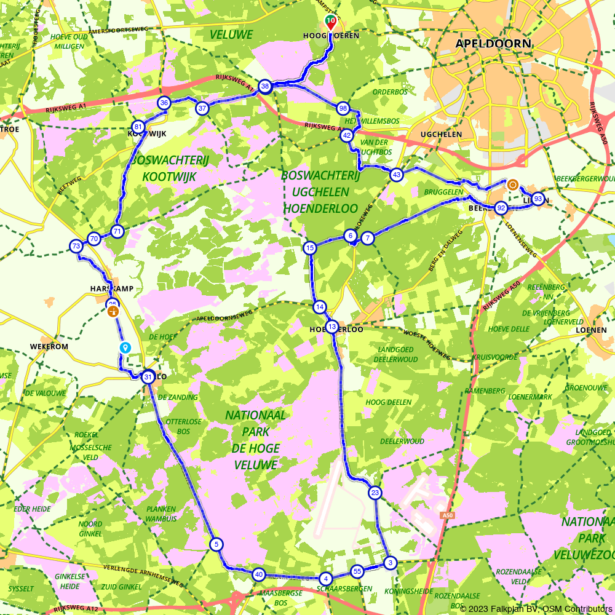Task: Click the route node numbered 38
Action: tap(265, 86)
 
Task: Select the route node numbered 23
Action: tap(375, 493)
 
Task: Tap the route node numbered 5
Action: tap(216, 544)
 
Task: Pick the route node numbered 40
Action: tap(258, 574)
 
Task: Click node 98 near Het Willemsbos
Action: tap(343, 108)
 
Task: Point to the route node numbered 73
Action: tap(76, 246)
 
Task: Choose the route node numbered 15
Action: tap(309, 248)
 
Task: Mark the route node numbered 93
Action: tap(538, 199)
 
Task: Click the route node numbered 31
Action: tap(148, 377)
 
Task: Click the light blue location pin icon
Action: tap(125, 347)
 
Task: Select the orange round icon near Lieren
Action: tap(512, 184)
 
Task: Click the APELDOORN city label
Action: tap(493, 44)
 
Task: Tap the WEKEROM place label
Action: tap(49, 346)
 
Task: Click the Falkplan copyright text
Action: tap(536, 609)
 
